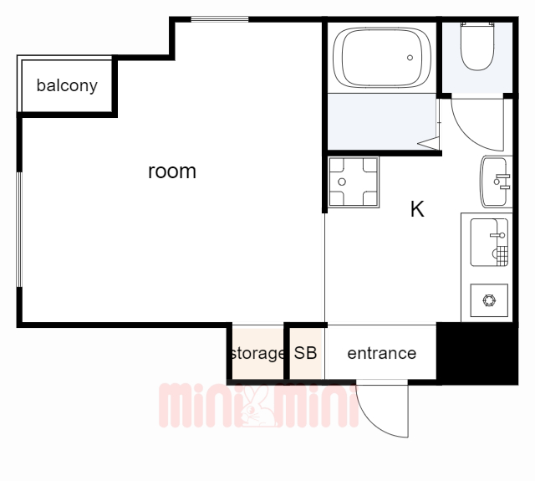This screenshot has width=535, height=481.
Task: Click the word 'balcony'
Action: (67, 85)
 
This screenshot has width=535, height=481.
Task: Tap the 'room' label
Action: (172, 171)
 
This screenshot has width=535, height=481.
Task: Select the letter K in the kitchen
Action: (417, 210)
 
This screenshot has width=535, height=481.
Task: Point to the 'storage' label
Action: (257, 353)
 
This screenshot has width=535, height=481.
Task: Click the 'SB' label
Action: (305, 353)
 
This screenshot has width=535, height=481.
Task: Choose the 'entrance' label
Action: (381, 353)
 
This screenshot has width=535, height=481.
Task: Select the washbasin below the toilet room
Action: (495, 181)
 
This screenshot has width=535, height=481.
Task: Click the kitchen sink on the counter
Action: (488, 241)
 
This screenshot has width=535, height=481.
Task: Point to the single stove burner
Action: (488, 299)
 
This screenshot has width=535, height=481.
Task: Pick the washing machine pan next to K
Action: (353, 182)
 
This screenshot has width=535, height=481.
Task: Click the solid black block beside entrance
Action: (477, 353)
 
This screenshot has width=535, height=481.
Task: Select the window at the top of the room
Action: (219, 19)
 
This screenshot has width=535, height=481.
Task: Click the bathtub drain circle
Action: (410, 58)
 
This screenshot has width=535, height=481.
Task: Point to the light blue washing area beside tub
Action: (381, 121)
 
